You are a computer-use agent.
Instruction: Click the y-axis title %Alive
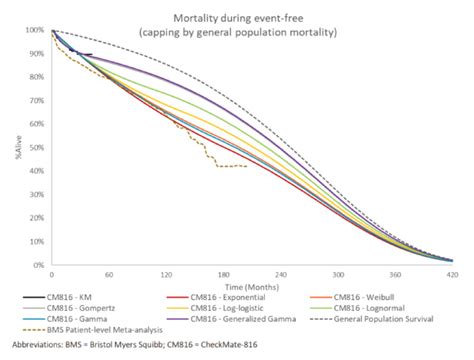[9, 150]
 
